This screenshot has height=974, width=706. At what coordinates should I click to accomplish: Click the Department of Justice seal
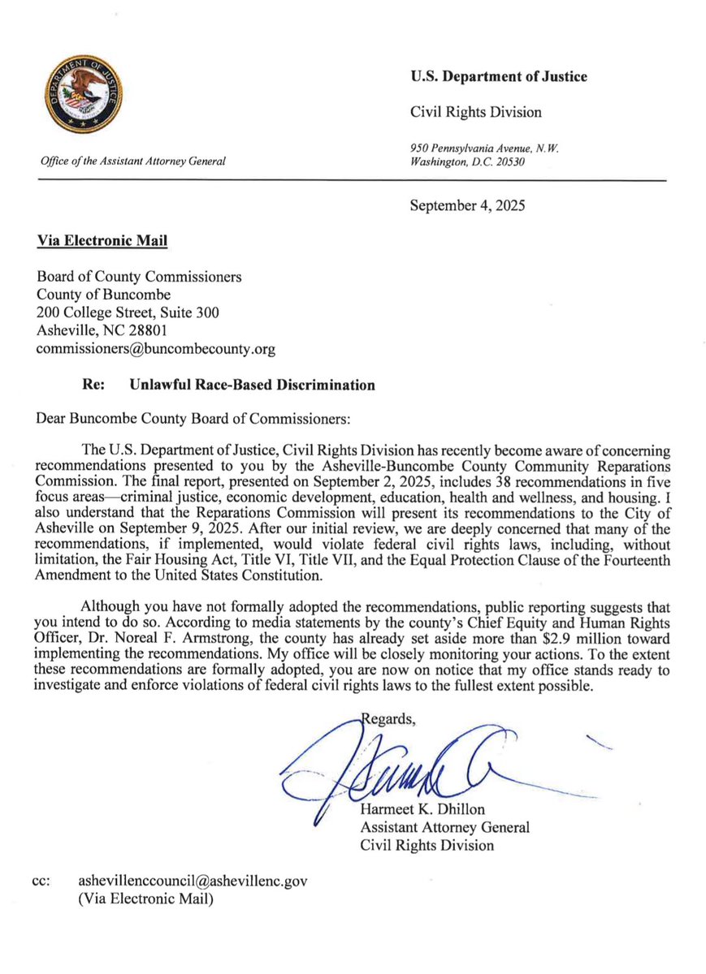click(x=84, y=97)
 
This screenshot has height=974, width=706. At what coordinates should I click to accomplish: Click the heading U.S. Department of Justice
click(x=499, y=77)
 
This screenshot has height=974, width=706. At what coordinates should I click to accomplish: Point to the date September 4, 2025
click(x=467, y=205)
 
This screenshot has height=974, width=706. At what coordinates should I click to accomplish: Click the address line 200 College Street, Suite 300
click(x=128, y=312)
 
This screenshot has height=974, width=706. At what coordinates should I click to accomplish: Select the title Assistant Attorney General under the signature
click(x=444, y=827)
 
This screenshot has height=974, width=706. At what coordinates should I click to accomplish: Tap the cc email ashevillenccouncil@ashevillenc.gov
click(x=193, y=881)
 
